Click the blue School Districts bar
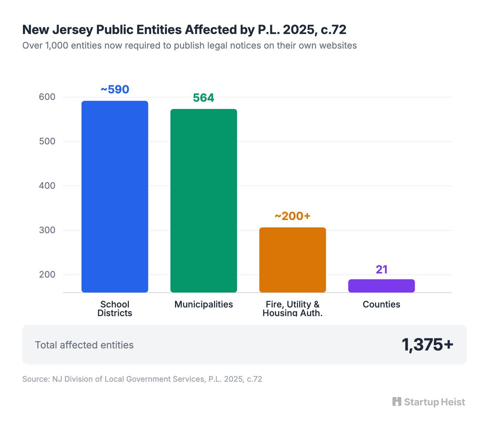(x=115, y=196)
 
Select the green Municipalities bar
(x=204, y=201)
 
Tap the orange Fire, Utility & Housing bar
(x=292, y=260)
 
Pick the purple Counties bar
(x=381, y=286)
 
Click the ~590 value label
(x=115, y=90)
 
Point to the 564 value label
(x=204, y=98)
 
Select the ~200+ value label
(x=292, y=216)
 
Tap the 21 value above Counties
(x=381, y=269)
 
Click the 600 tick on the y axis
(x=47, y=97)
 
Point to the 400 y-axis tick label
(x=47, y=186)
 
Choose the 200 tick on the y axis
(x=47, y=274)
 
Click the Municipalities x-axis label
(x=204, y=304)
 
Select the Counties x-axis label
(x=381, y=304)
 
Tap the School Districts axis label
(x=115, y=309)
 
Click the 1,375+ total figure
(x=427, y=345)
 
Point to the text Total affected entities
(x=84, y=345)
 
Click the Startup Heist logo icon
(x=397, y=402)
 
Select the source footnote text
(x=142, y=379)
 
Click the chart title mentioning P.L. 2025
(x=184, y=30)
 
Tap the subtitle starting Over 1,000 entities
(x=189, y=45)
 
